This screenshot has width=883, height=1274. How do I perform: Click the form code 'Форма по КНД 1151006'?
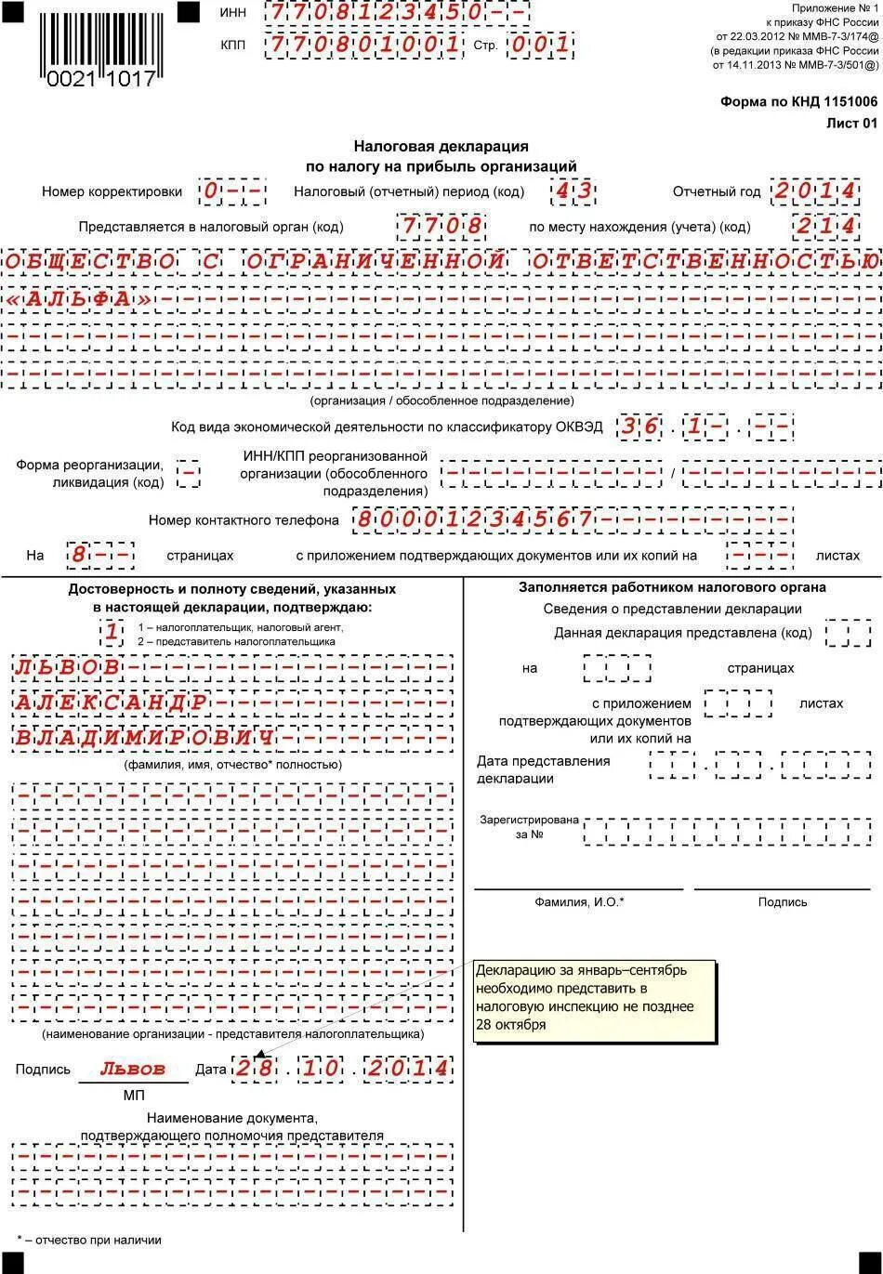[798, 101]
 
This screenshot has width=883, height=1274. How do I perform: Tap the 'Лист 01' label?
[851, 123]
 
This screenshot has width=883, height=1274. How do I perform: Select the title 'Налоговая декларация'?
[441, 146]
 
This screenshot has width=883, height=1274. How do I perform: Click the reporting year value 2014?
[814, 191]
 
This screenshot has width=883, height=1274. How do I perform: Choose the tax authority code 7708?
[441, 227]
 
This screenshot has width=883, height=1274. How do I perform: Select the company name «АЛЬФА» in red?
[80, 300]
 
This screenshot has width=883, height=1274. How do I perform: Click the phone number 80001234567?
[473, 519]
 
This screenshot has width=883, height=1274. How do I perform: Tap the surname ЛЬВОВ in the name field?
[68, 667]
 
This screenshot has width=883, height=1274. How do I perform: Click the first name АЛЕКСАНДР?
[112, 703]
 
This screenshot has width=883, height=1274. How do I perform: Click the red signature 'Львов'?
[132, 1069]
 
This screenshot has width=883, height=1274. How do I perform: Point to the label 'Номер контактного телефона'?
[244, 520]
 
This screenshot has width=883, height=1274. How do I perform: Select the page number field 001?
[538, 45]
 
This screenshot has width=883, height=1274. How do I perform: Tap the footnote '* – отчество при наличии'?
[89, 1240]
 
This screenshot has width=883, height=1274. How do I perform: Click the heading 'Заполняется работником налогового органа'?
[672, 587]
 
